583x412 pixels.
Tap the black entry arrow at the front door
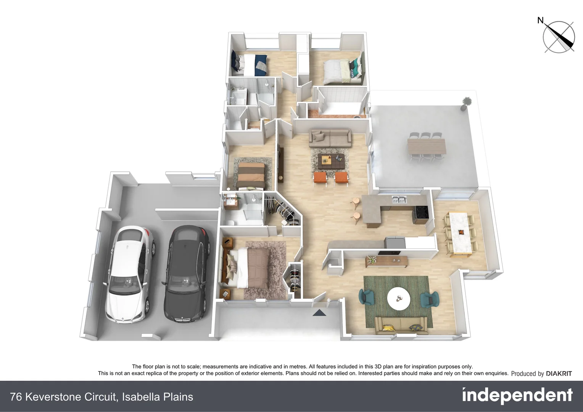click(x=320, y=313)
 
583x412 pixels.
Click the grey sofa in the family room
click(x=330, y=137)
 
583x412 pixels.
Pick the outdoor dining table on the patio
click(x=427, y=146)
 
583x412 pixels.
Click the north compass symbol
click(x=559, y=37)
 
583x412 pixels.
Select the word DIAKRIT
click(x=559, y=374)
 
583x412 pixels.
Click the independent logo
click(x=517, y=396)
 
